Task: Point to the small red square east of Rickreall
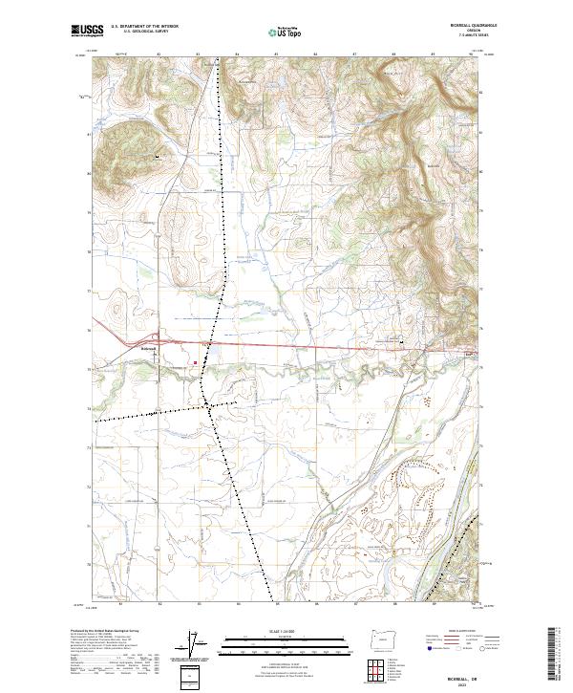[x=198, y=362]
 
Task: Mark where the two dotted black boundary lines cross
[x=209, y=407]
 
